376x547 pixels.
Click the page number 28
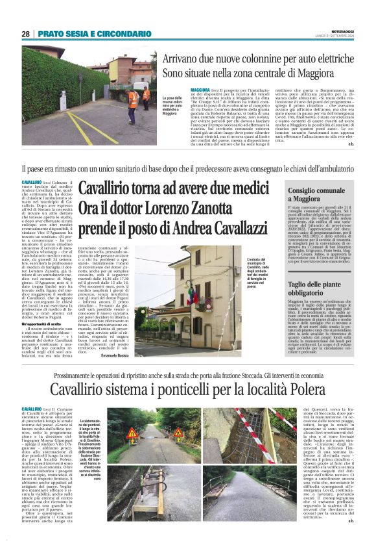coord(25,34)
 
